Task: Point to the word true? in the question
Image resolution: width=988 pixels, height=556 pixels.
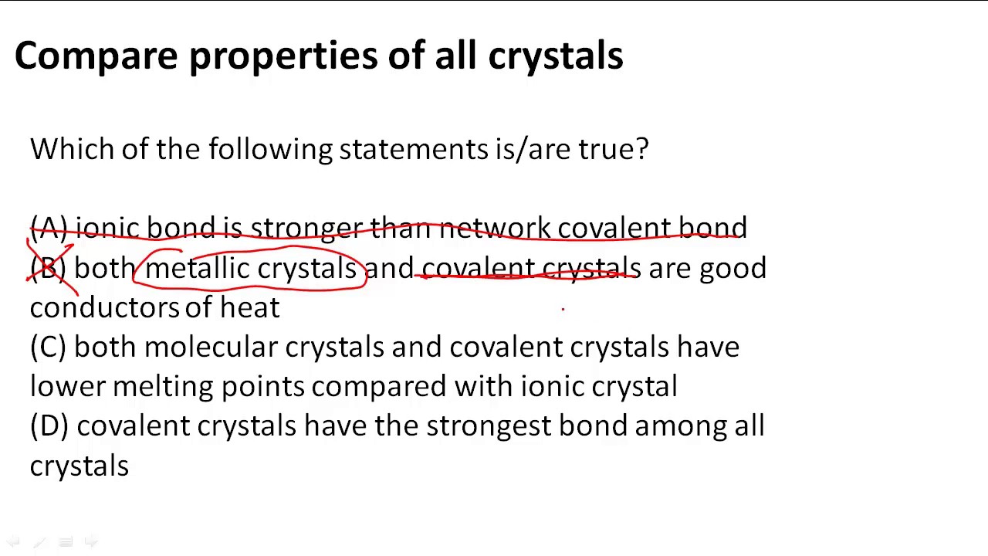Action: (614, 148)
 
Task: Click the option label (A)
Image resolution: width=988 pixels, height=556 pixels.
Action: (49, 228)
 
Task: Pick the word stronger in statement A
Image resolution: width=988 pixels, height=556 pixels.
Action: (306, 228)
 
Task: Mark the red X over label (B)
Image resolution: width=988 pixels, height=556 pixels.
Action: (51, 267)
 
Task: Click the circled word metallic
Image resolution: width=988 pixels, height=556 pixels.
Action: (197, 268)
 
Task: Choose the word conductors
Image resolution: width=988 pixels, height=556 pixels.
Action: (104, 307)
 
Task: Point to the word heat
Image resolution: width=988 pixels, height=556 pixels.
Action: (249, 307)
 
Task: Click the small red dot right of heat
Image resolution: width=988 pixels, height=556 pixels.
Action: (563, 309)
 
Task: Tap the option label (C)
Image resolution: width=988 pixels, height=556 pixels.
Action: (49, 347)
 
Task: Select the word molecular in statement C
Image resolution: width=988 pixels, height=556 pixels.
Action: (210, 347)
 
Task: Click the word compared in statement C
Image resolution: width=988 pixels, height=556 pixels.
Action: (378, 387)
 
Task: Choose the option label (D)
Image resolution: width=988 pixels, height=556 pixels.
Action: (49, 426)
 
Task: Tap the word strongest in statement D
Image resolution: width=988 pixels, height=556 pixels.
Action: (489, 426)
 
